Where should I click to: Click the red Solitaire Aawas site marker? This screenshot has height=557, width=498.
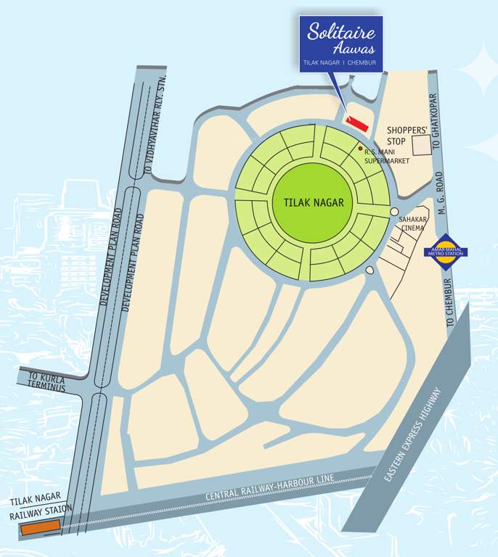coord(356,122)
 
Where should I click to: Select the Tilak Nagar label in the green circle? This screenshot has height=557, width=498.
coord(309,202)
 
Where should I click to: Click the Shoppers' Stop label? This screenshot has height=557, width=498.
coord(407,136)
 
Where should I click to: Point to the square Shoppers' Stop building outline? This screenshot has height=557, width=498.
coord(422,144)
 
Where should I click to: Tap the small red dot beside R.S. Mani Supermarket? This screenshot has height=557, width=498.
coord(360,148)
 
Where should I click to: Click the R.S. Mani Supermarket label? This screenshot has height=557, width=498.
coord(387,157)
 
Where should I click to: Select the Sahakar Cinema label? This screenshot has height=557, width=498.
coord(412,223)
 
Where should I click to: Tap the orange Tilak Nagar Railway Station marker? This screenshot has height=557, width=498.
coord(32,529)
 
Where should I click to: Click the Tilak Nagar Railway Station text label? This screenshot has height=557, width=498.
coord(41,508)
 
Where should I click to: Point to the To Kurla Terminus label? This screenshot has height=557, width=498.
coord(47,382)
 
